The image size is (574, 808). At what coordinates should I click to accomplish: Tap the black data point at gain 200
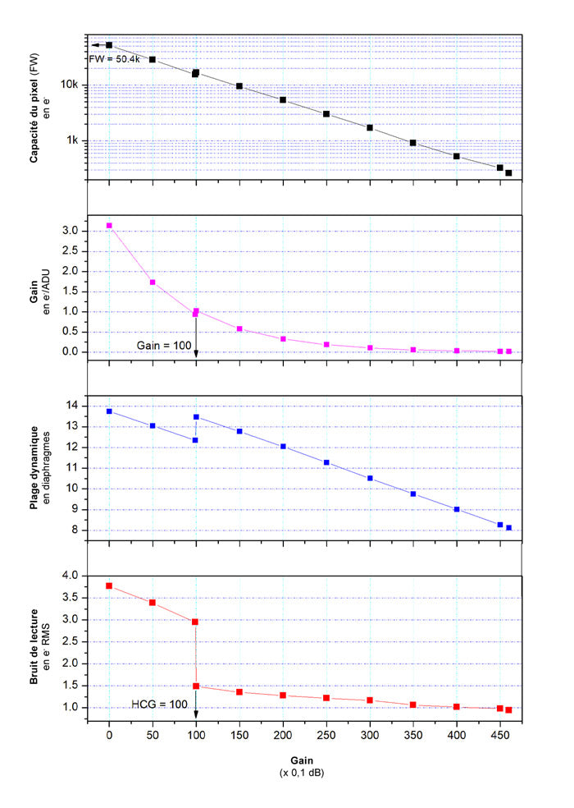(283, 100)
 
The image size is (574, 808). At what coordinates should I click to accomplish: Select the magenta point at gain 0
(109, 225)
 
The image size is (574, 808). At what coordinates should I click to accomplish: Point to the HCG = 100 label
(160, 704)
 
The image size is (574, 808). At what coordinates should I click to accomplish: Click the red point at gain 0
(109, 585)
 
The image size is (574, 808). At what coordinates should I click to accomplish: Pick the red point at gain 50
(153, 603)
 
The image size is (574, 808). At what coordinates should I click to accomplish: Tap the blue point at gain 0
(109, 411)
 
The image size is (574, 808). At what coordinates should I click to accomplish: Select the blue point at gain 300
(370, 478)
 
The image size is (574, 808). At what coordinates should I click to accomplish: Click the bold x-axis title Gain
(303, 760)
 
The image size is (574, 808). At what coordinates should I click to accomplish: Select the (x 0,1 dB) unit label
(303, 774)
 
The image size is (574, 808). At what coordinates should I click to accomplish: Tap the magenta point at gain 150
(239, 329)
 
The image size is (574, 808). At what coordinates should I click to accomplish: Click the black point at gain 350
(413, 143)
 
